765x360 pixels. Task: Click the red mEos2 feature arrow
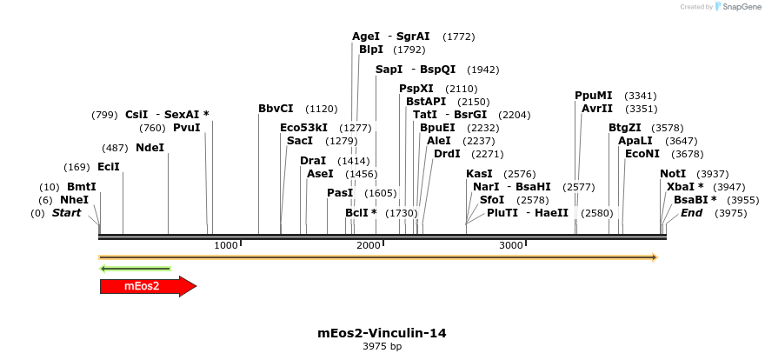[149, 286]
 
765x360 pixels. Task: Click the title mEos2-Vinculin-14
[382, 333]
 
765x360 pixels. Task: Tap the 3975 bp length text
[382, 346]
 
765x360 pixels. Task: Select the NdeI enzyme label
[150, 147]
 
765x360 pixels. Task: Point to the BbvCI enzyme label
[276, 109]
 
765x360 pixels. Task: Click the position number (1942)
[483, 70]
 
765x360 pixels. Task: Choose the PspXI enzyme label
[416, 89]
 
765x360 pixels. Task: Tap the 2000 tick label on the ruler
[368, 245]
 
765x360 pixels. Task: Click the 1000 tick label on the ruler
[225, 245]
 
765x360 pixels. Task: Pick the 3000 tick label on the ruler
[510, 245]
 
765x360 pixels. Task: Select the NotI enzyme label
[673, 174]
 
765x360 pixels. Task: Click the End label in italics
[691, 212]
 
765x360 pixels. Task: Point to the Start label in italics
[66, 212]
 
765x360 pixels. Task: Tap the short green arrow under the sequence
[135, 269]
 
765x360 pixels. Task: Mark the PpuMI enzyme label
[593, 96]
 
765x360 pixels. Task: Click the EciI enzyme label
[109, 167]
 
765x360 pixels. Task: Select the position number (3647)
[682, 141]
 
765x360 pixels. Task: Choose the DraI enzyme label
[313, 161]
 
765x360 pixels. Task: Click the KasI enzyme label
[479, 174]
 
